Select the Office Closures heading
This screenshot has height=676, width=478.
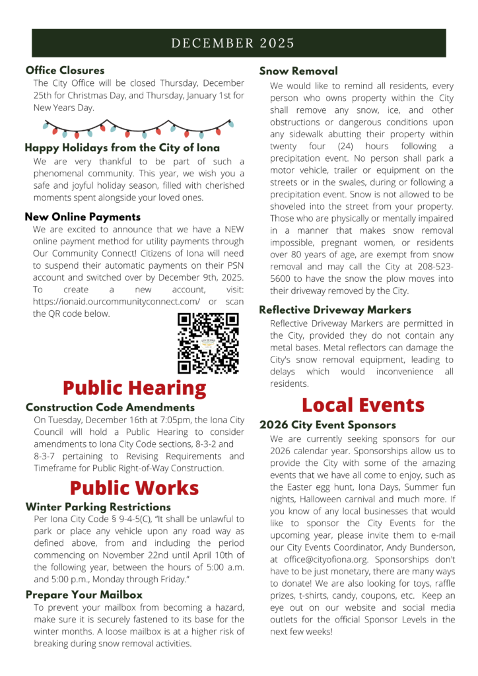coord(65,70)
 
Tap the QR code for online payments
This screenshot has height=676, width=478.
coord(208,343)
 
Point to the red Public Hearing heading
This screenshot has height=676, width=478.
coord(134,387)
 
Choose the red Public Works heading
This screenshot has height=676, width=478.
coord(134,488)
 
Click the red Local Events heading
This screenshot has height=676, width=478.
coord(363,404)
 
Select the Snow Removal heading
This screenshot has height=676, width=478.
coord(298,71)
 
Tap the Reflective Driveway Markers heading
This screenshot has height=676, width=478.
coord(335,310)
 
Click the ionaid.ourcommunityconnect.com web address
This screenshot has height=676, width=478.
coord(116,302)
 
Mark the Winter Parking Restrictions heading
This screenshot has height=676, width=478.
coord(98,507)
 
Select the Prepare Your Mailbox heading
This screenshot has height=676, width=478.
coord(84,594)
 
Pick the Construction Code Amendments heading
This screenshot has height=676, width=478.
coord(110,407)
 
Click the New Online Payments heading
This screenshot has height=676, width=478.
coord(83,217)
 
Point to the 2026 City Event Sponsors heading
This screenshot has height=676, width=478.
coord(327,424)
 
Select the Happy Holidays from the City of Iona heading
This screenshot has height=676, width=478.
coord(122,148)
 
